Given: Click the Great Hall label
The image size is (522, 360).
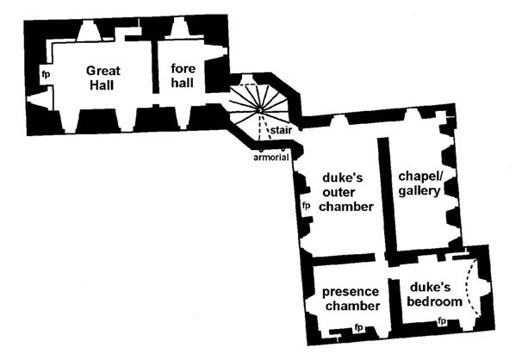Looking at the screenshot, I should (103, 77).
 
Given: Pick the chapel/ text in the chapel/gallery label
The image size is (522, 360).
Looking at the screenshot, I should (420, 176).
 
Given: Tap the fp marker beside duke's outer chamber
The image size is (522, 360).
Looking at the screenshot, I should (305, 207).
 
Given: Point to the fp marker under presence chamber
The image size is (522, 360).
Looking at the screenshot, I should (358, 328).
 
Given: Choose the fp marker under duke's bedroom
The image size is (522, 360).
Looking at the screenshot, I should (442, 322).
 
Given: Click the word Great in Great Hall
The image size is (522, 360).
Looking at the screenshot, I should (103, 69).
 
